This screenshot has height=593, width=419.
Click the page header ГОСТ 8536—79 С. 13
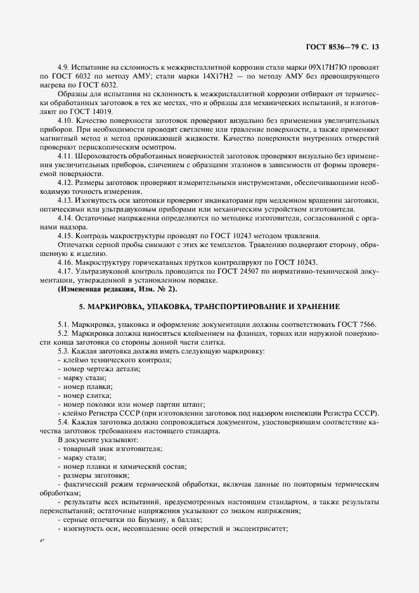click(343, 47)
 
